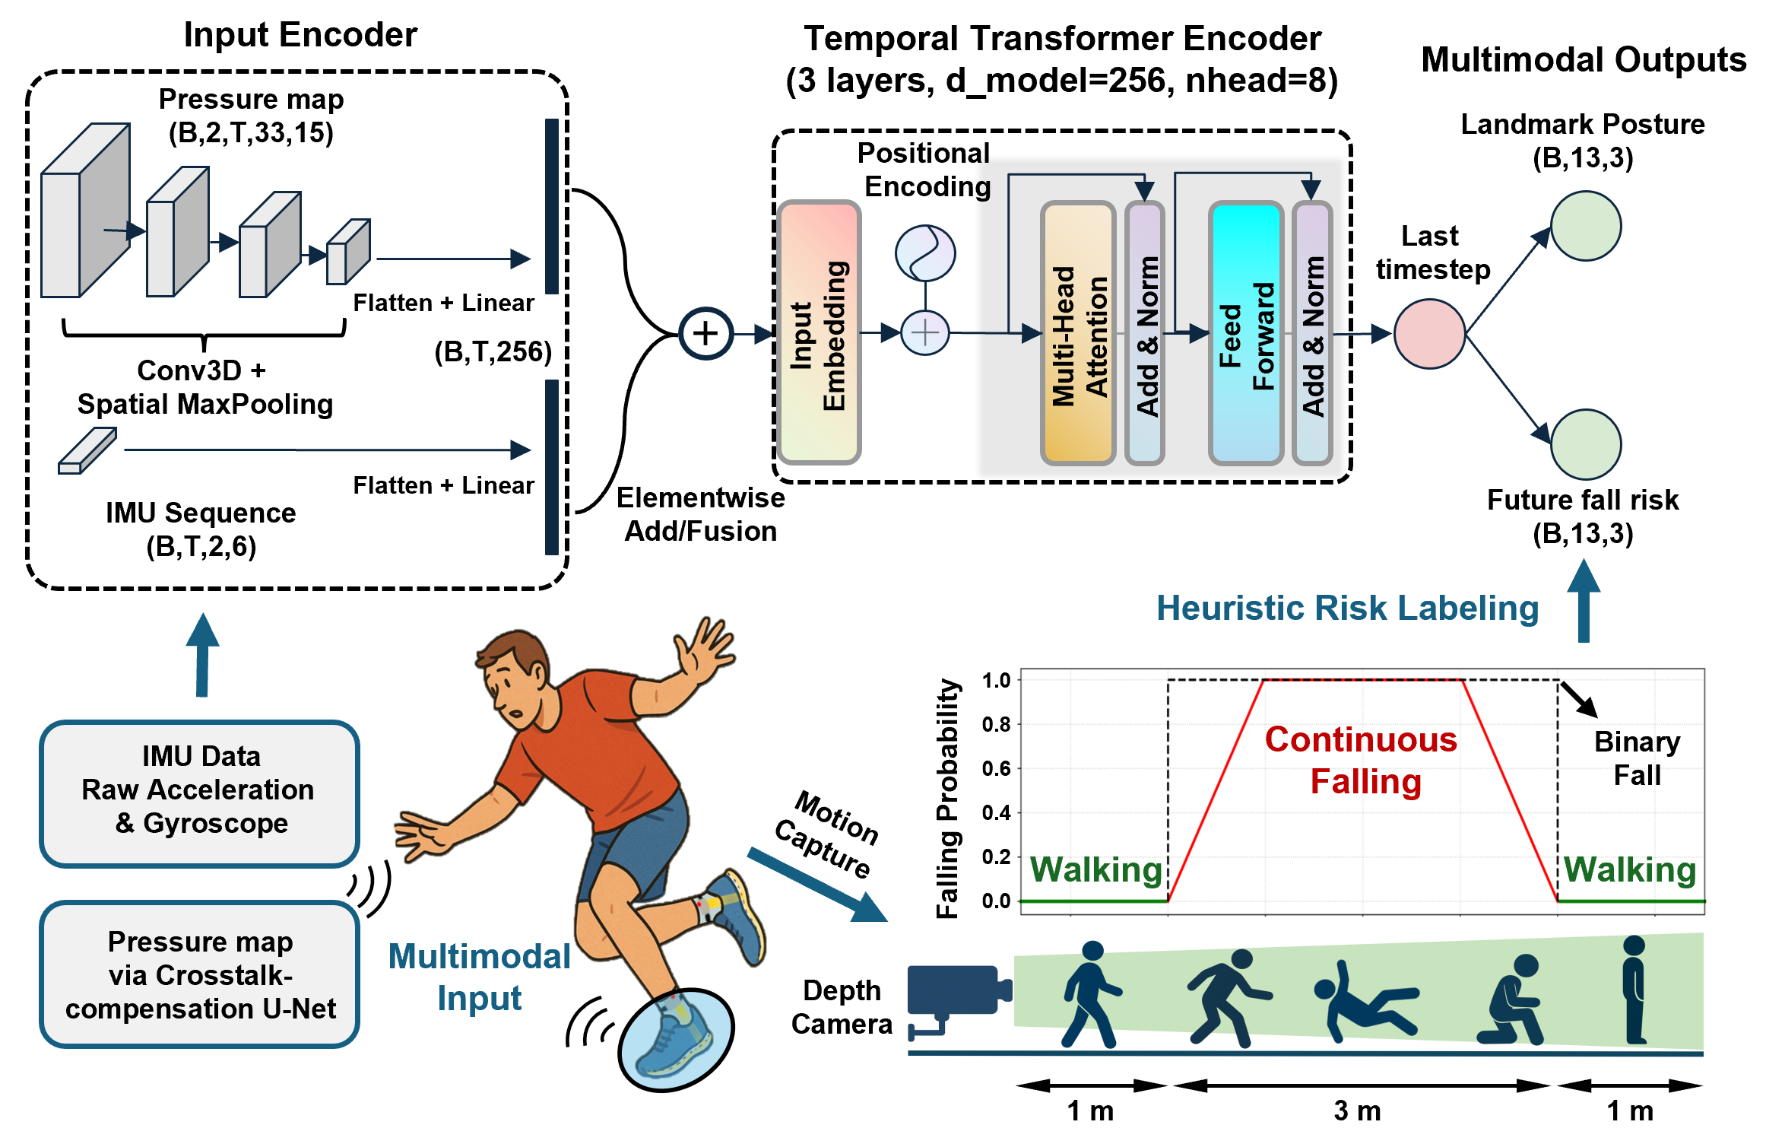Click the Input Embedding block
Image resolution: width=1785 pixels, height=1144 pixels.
(819, 332)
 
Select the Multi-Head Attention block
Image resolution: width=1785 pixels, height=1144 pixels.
(1078, 332)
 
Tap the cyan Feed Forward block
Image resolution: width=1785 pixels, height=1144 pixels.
(1246, 332)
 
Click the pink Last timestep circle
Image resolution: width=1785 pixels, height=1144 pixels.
(1429, 334)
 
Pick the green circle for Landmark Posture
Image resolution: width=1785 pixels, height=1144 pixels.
(1586, 226)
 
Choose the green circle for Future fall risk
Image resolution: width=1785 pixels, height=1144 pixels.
(1586, 444)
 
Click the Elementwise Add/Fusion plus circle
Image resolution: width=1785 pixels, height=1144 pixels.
(705, 333)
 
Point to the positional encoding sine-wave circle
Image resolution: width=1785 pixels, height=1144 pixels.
(925, 253)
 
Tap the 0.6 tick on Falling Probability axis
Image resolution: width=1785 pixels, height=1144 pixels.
(996, 768)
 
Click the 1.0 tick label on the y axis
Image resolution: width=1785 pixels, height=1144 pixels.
(996, 680)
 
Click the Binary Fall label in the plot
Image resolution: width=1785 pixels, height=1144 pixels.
(1637, 758)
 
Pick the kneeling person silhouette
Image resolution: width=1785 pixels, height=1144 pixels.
(1511, 1000)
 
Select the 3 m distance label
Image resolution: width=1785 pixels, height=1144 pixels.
(1357, 1111)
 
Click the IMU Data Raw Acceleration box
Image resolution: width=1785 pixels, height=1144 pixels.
(200, 792)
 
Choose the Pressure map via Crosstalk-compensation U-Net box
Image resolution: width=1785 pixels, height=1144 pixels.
(200, 974)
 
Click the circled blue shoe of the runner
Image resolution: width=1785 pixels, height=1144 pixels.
(676, 1039)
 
